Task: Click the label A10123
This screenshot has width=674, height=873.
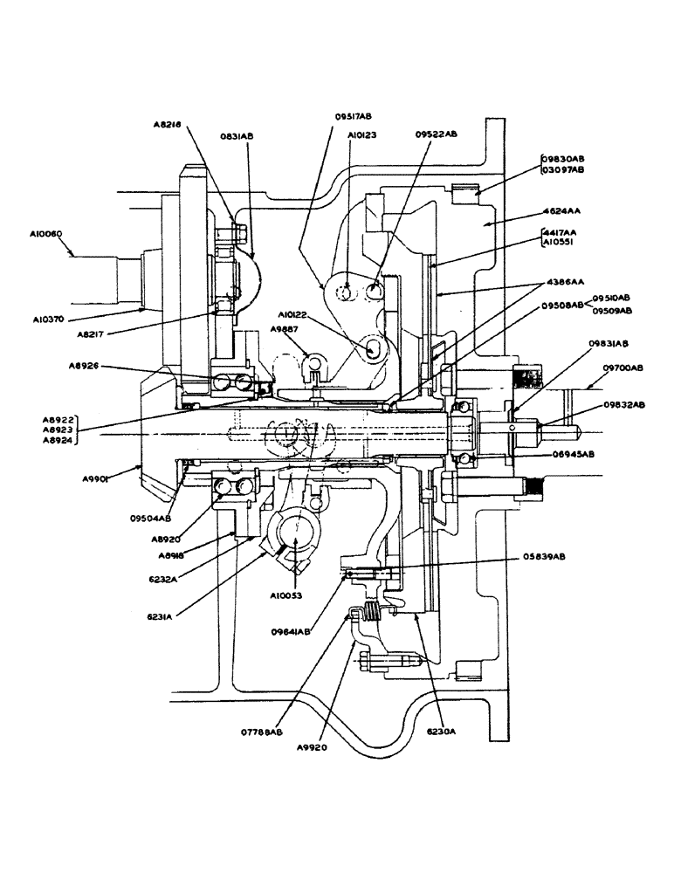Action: (362, 136)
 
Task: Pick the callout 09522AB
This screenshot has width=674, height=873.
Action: (436, 134)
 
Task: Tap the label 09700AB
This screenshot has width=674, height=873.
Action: (622, 368)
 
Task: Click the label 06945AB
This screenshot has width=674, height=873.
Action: (573, 454)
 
